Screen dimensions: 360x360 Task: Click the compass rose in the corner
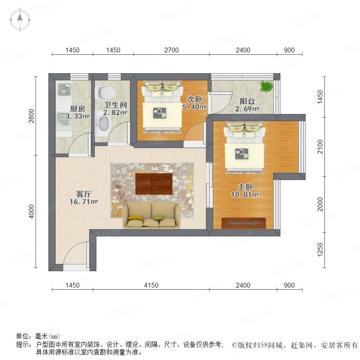coord(20,20)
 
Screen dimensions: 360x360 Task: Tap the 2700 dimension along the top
coord(171,50)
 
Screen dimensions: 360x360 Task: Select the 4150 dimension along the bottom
coord(151,285)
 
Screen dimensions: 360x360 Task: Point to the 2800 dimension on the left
coord(31,116)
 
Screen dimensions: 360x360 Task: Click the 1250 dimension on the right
coord(320,250)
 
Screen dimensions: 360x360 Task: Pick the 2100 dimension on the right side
coord(320,147)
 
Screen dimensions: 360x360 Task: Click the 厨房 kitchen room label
coord(78,108)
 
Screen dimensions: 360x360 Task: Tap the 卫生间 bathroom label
coord(116,105)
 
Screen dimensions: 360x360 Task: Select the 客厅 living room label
coord(84,194)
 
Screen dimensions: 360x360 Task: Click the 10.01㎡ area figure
coord(245,195)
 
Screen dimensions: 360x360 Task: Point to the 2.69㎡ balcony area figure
coord(247,108)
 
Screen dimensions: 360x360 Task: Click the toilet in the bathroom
coord(105,92)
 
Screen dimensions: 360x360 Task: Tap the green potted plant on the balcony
coord(266,87)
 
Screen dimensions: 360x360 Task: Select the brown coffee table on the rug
coord(154,184)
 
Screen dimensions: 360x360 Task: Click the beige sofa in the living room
coord(152,216)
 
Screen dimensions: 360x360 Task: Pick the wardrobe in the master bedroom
coord(244,223)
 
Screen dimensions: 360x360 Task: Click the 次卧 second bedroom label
coord(194,99)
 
